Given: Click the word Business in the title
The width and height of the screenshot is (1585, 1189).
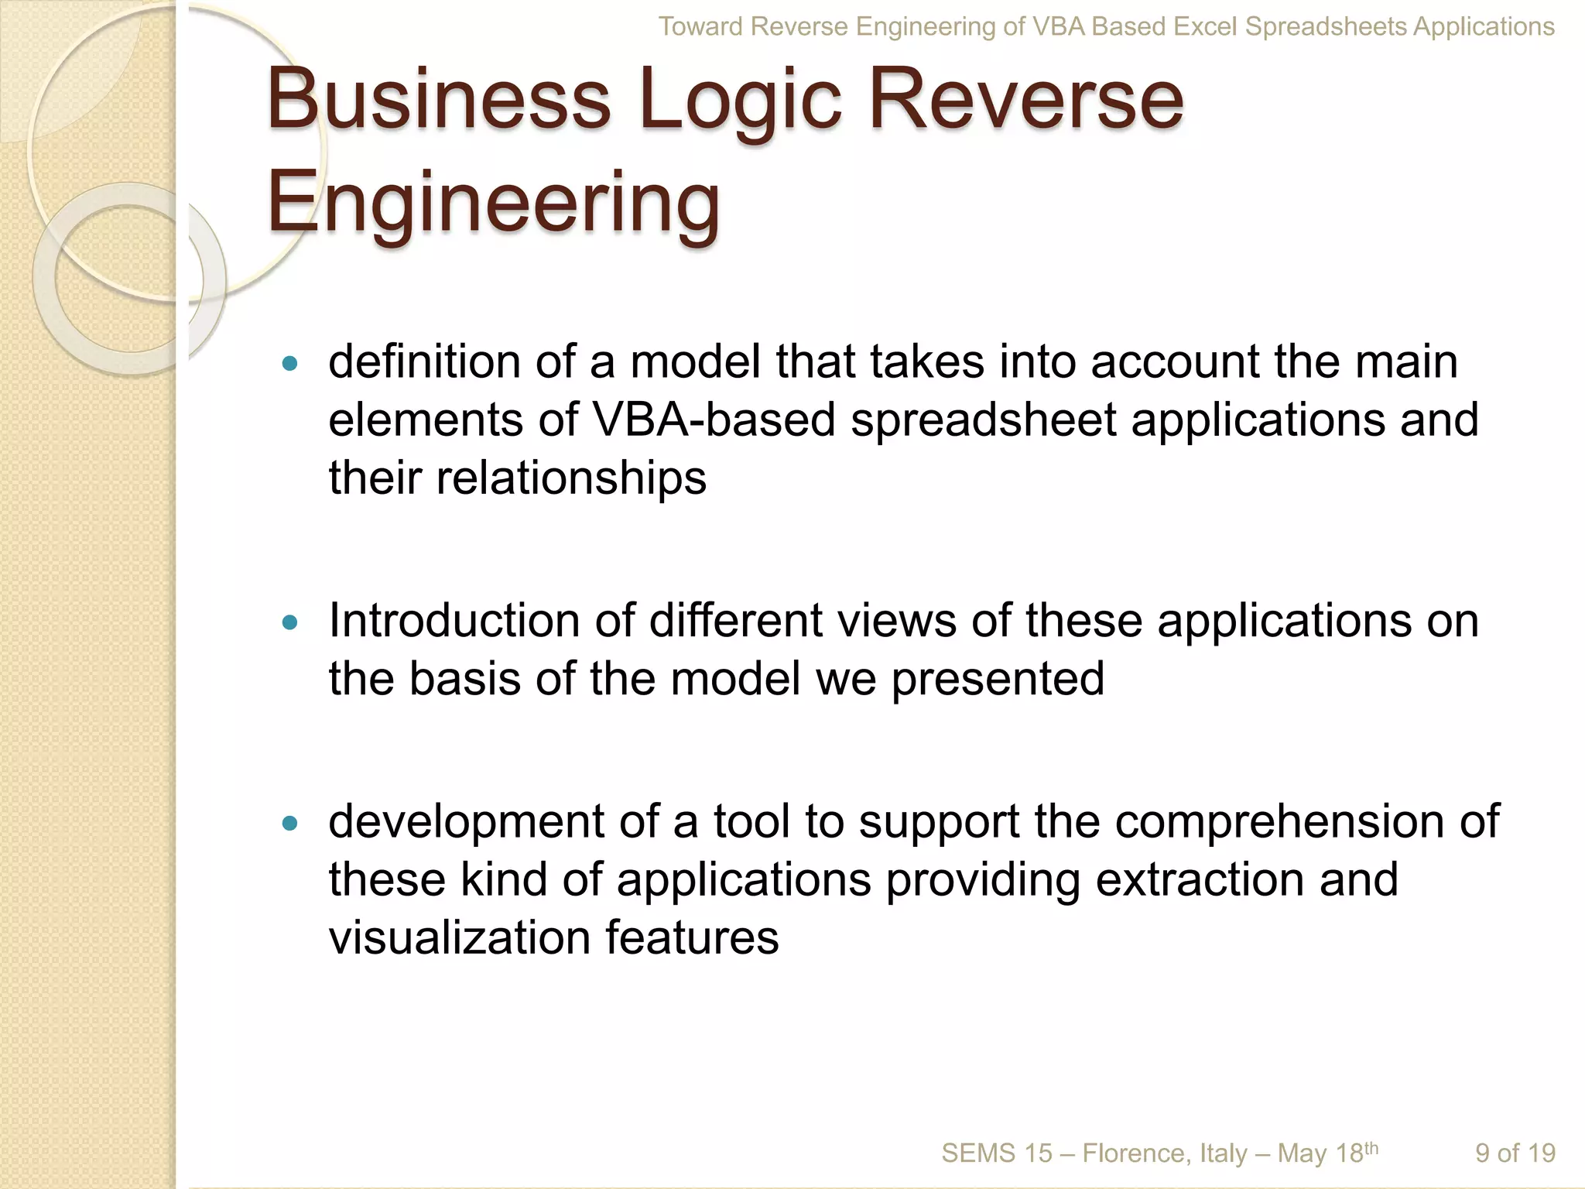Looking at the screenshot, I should point(439,101).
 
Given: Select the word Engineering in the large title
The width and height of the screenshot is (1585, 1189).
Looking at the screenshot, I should point(494,203).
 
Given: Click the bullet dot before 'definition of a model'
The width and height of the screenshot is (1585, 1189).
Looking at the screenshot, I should point(290,363).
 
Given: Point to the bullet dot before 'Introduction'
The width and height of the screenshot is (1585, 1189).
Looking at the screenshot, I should point(290,622).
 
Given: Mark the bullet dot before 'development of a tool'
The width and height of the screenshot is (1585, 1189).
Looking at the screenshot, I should point(290,823).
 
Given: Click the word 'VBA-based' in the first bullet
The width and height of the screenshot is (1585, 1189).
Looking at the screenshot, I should point(714,420).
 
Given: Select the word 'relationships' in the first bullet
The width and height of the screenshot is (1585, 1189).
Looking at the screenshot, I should point(571,478).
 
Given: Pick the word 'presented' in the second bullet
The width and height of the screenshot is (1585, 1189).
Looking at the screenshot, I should point(998,679).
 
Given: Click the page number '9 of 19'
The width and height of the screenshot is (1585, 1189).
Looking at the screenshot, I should point(1515,1153).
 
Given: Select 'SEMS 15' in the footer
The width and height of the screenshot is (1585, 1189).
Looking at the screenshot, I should point(996,1153).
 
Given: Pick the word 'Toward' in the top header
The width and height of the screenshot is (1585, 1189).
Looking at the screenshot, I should point(701,27).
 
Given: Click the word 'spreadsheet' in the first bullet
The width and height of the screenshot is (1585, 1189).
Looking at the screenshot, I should point(983,420).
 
